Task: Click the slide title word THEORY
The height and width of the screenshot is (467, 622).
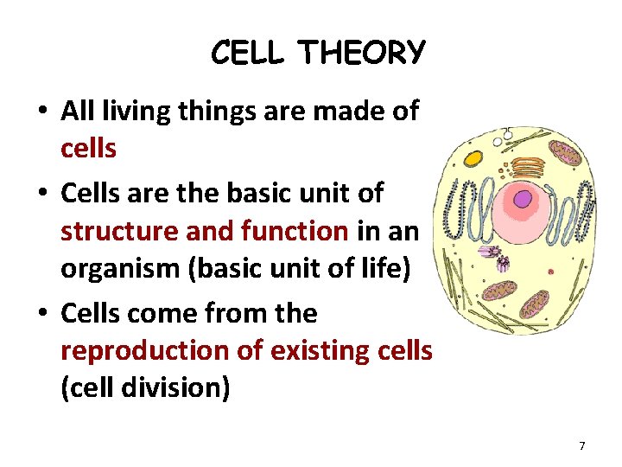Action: [x=363, y=54]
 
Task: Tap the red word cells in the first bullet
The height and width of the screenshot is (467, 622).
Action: [x=88, y=149]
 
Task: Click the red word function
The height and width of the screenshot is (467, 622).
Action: [x=295, y=230]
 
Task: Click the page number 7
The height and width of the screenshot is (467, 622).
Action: [x=582, y=445]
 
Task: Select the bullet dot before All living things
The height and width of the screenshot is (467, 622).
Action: [x=41, y=112]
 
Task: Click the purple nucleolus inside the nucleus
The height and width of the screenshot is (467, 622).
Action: [x=524, y=200]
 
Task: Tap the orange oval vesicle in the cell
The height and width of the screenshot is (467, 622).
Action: [x=473, y=159]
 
